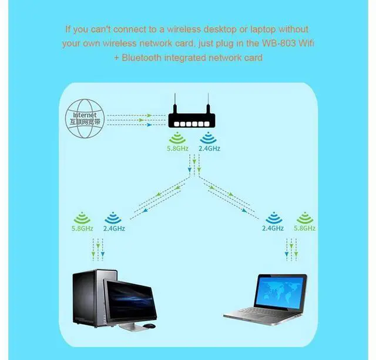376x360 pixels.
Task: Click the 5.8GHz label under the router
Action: click(x=177, y=149)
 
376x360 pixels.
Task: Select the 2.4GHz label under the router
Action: click(x=209, y=149)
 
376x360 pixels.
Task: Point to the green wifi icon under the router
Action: click(x=177, y=138)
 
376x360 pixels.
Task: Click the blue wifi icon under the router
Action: click(x=208, y=138)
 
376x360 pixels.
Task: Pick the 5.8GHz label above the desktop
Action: click(x=82, y=228)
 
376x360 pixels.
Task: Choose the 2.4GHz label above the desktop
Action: click(x=114, y=228)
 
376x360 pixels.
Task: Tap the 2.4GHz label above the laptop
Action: click(x=273, y=228)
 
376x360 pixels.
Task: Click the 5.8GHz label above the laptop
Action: click(x=304, y=228)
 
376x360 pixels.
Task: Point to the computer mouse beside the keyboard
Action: click(x=149, y=326)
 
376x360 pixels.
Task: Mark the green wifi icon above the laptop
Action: click(x=304, y=218)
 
